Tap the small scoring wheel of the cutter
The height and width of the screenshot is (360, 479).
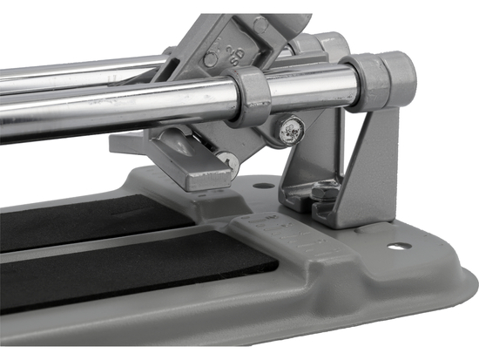click(224, 159)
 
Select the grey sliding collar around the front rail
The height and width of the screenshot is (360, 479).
click(250, 97)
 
